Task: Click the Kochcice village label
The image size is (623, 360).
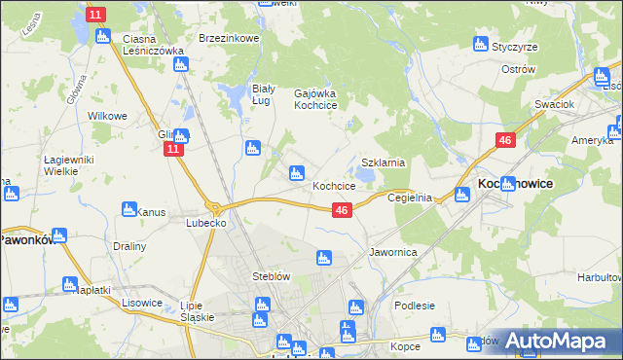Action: pos(333,186)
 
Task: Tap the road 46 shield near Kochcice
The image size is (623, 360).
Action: pos(341,210)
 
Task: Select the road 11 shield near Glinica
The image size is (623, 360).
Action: pos(172,149)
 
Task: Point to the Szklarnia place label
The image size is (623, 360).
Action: pos(383,163)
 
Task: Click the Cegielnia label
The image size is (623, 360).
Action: pos(409,197)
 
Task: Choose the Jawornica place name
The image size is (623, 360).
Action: pos(393,252)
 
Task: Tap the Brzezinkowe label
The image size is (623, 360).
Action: pos(228,38)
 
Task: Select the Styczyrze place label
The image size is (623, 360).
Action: pos(518,46)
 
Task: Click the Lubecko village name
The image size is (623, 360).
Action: pos(206,223)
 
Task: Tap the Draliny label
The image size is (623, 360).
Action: pos(128,246)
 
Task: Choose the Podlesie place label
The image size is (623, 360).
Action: pos(415,306)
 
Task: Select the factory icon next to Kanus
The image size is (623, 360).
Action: pos(128,209)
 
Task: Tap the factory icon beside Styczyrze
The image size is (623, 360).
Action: pos(480,44)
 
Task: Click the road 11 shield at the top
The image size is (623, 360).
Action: pos(95,14)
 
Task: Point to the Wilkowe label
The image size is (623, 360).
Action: pos(108,116)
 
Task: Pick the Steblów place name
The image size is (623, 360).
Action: pos(272,276)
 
